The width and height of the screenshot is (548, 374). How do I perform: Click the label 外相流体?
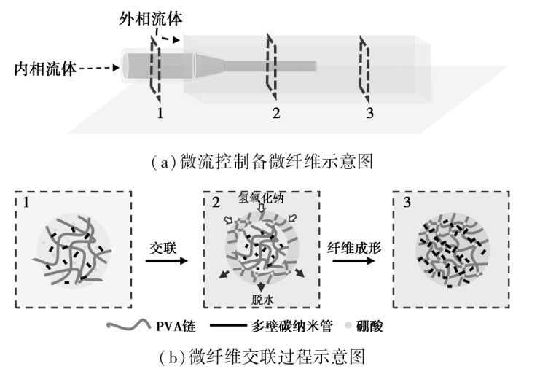tap(151, 18)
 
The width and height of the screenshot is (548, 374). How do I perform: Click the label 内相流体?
tap(45, 69)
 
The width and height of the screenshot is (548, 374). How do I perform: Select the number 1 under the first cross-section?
tap(160, 113)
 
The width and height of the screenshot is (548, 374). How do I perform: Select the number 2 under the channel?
tap(276, 113)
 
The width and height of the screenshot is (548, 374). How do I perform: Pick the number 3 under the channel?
tap(369, 113)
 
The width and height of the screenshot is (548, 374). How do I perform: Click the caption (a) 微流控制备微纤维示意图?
tap(263, 162)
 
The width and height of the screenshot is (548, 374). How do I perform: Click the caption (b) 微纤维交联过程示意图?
tap(262, 357)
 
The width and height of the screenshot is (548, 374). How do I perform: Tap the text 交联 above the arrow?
tap(163, 248)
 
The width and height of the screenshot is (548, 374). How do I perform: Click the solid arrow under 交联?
tap(167, 261)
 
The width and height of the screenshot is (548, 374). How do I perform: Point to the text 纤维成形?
tap(354, 248)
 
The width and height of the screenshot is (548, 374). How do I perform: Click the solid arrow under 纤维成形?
tap(353, 261)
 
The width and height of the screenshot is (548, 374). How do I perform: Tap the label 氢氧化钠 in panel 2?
tap(261, 198)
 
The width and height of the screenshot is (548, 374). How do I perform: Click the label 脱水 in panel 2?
tap(262, 300)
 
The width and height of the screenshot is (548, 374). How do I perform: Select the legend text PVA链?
tap(176, 327)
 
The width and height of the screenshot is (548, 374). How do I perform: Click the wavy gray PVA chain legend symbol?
tap(128, 325)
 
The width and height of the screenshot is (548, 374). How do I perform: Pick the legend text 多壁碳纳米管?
tap(291, 326)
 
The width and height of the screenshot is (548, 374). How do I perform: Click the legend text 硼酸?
tap(369, 326)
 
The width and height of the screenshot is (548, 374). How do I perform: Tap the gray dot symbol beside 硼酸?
tap(348, 325)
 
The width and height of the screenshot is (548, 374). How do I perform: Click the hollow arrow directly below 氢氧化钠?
tap(262, 208)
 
